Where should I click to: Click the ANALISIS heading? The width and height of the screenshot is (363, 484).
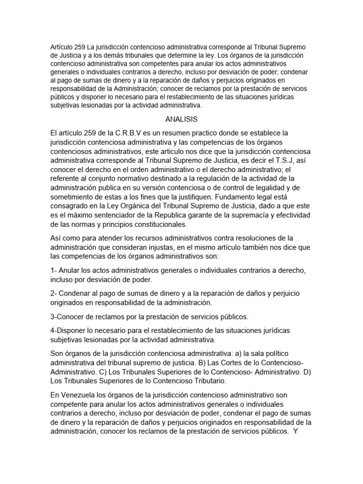pos(181,119)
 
